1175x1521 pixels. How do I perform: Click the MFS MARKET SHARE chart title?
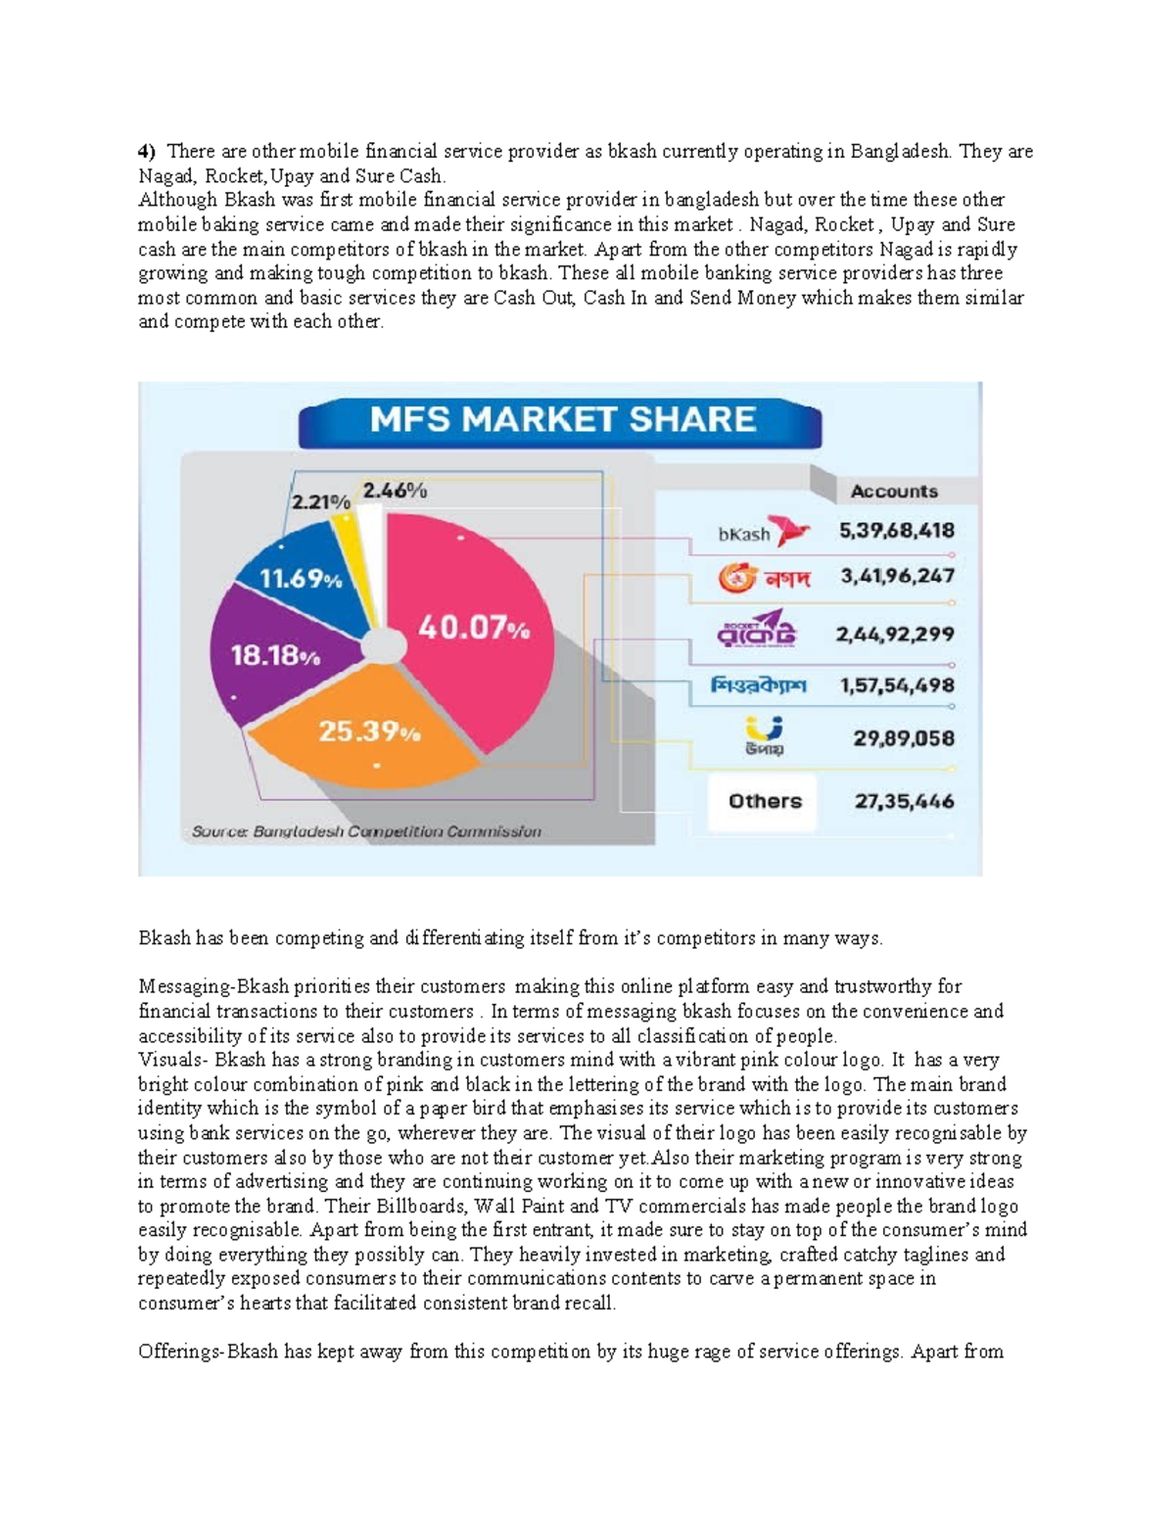561,420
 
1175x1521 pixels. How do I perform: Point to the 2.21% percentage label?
320,501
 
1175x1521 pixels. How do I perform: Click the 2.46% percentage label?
395,491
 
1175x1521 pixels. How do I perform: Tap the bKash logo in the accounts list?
763,532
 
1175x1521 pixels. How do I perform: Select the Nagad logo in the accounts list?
764,578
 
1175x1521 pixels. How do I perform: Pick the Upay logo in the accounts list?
764,736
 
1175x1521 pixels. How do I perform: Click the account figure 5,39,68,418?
896,531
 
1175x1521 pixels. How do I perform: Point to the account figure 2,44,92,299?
894,635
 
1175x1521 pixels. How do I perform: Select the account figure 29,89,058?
903,738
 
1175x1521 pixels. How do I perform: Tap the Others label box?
764,801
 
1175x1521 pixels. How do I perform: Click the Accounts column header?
893,492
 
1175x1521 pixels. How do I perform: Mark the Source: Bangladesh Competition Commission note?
366,832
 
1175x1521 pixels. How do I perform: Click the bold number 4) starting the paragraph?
147,152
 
